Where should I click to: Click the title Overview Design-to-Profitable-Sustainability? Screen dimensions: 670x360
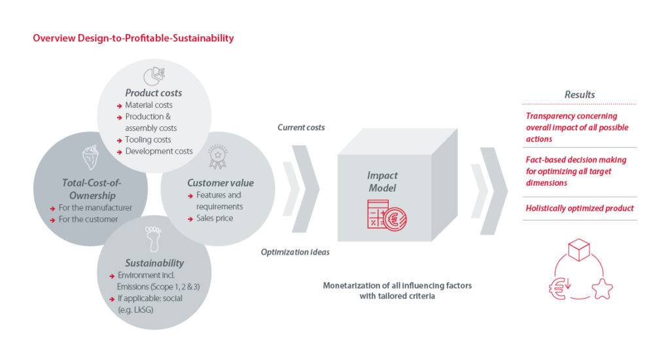(x=133, y=38)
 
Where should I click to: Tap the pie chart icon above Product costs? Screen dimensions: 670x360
(x=154, y=76)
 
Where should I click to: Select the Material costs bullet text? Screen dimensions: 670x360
(x=149, y=105)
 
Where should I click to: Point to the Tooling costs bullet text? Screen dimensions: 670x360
(x=148, y=140)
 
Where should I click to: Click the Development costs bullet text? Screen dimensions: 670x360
(x=159, y=151)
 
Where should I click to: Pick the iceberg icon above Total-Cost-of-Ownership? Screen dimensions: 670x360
(x=90, y=157)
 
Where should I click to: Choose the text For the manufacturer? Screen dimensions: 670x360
(x=96, y=207)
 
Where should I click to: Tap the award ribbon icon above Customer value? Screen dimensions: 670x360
(x=217, y=156)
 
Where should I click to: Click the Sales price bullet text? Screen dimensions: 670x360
(x=215, y=218)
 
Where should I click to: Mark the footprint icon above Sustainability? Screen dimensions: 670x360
(x=153, y=239)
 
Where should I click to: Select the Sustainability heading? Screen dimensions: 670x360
(x=154, y=263)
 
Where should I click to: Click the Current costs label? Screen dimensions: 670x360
(x=301, y=128)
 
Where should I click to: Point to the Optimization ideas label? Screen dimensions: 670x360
(x=295, y=252)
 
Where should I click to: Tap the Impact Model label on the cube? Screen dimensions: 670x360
(x=382, y=182)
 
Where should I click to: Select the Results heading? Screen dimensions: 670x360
(x=580, y=94)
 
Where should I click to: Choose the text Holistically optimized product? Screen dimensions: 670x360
(x=580, y=208)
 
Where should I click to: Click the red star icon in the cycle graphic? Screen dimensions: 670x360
(x=603, y=289)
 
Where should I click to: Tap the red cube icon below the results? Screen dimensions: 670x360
(x=579, y=249)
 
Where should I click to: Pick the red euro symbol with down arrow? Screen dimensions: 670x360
(x=560, y=288)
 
